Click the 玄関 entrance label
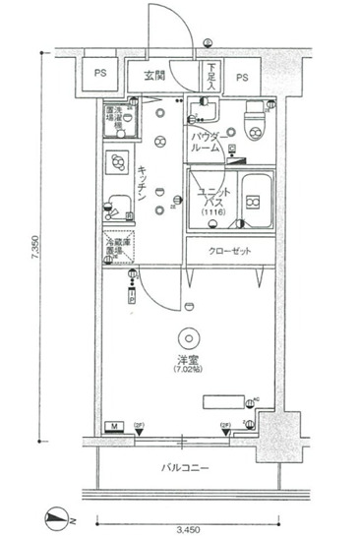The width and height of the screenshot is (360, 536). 154,76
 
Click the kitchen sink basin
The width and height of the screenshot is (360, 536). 118,203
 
